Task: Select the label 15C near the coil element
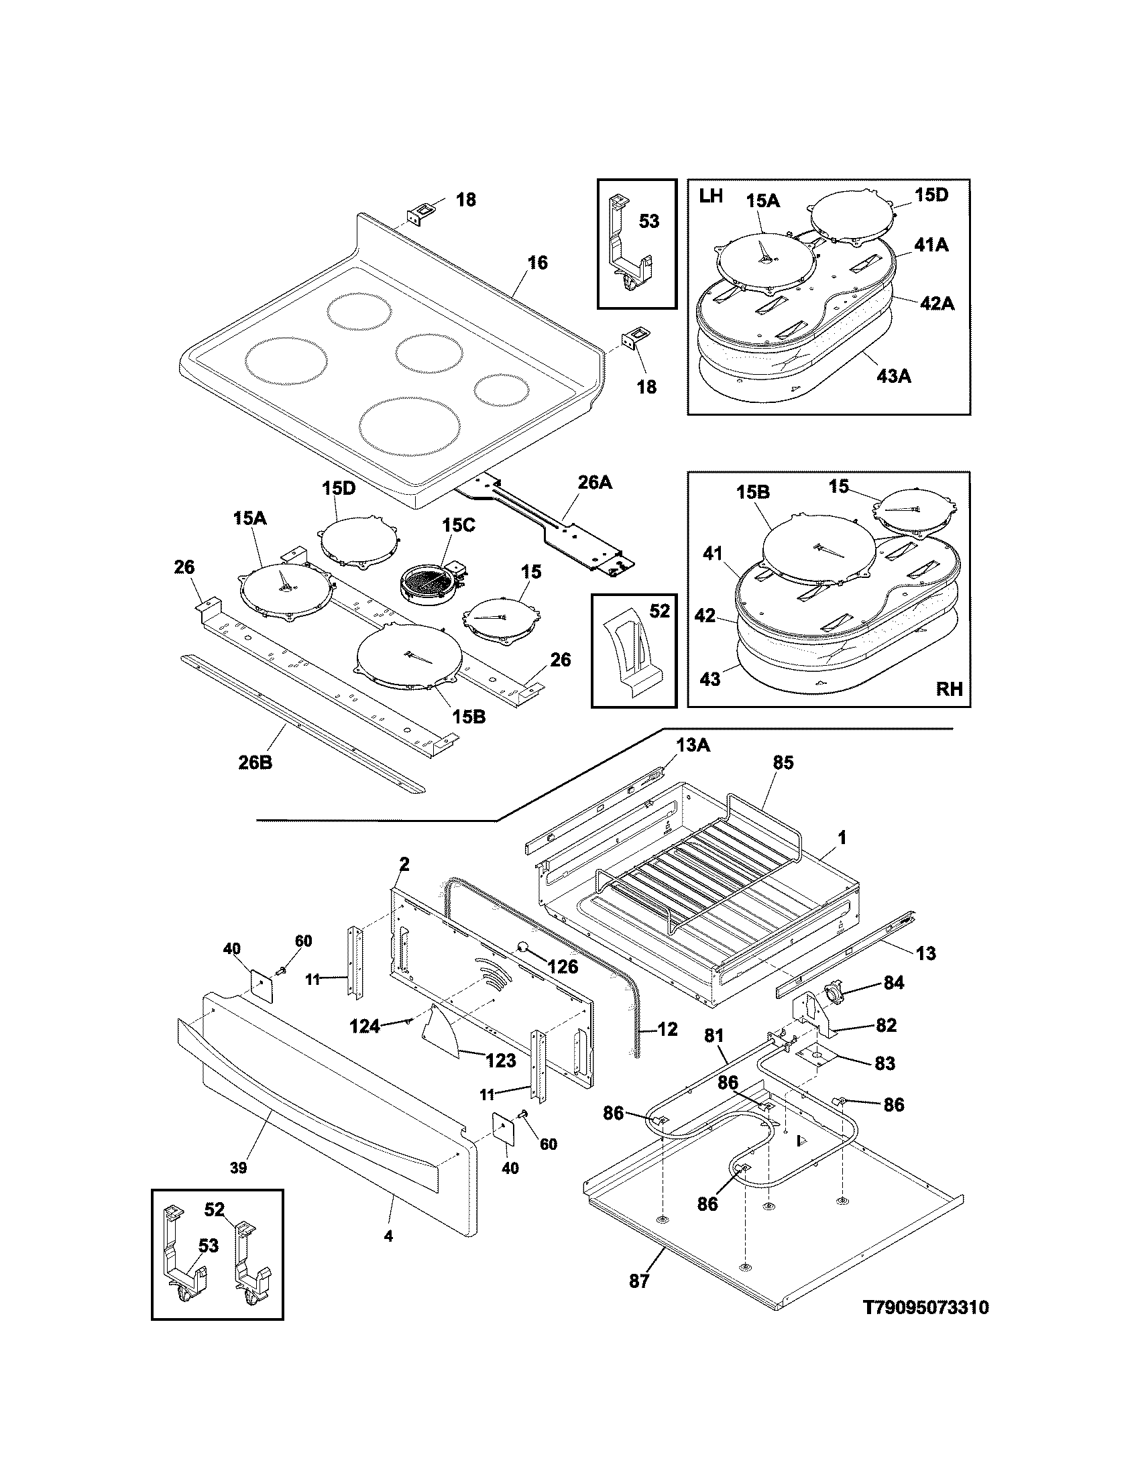(459, 525)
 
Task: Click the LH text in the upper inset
(711, 196)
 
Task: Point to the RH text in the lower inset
(949, 688)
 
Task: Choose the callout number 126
(563, 966)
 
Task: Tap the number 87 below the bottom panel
(639, 1281)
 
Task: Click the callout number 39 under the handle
(238, 1168)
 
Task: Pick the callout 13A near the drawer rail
(693, 745)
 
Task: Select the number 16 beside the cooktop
(538, 262)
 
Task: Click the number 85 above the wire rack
(783, 762)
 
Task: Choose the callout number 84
(893, 984)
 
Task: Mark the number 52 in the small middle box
(659, 611)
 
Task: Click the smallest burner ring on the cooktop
(500, 390)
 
